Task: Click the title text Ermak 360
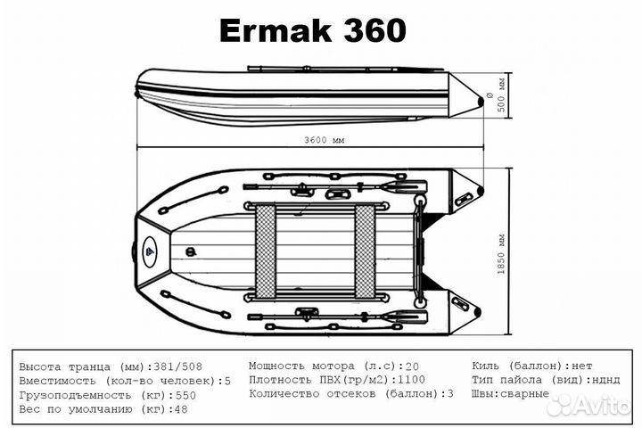coord(312,31)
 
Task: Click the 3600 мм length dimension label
coord(323,141)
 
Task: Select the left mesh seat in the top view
coord(266,251)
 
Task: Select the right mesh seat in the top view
coord(365,251)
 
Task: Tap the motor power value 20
coord(412,366)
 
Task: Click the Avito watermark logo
coord(588,406)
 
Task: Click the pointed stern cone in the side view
coord(465,93)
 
